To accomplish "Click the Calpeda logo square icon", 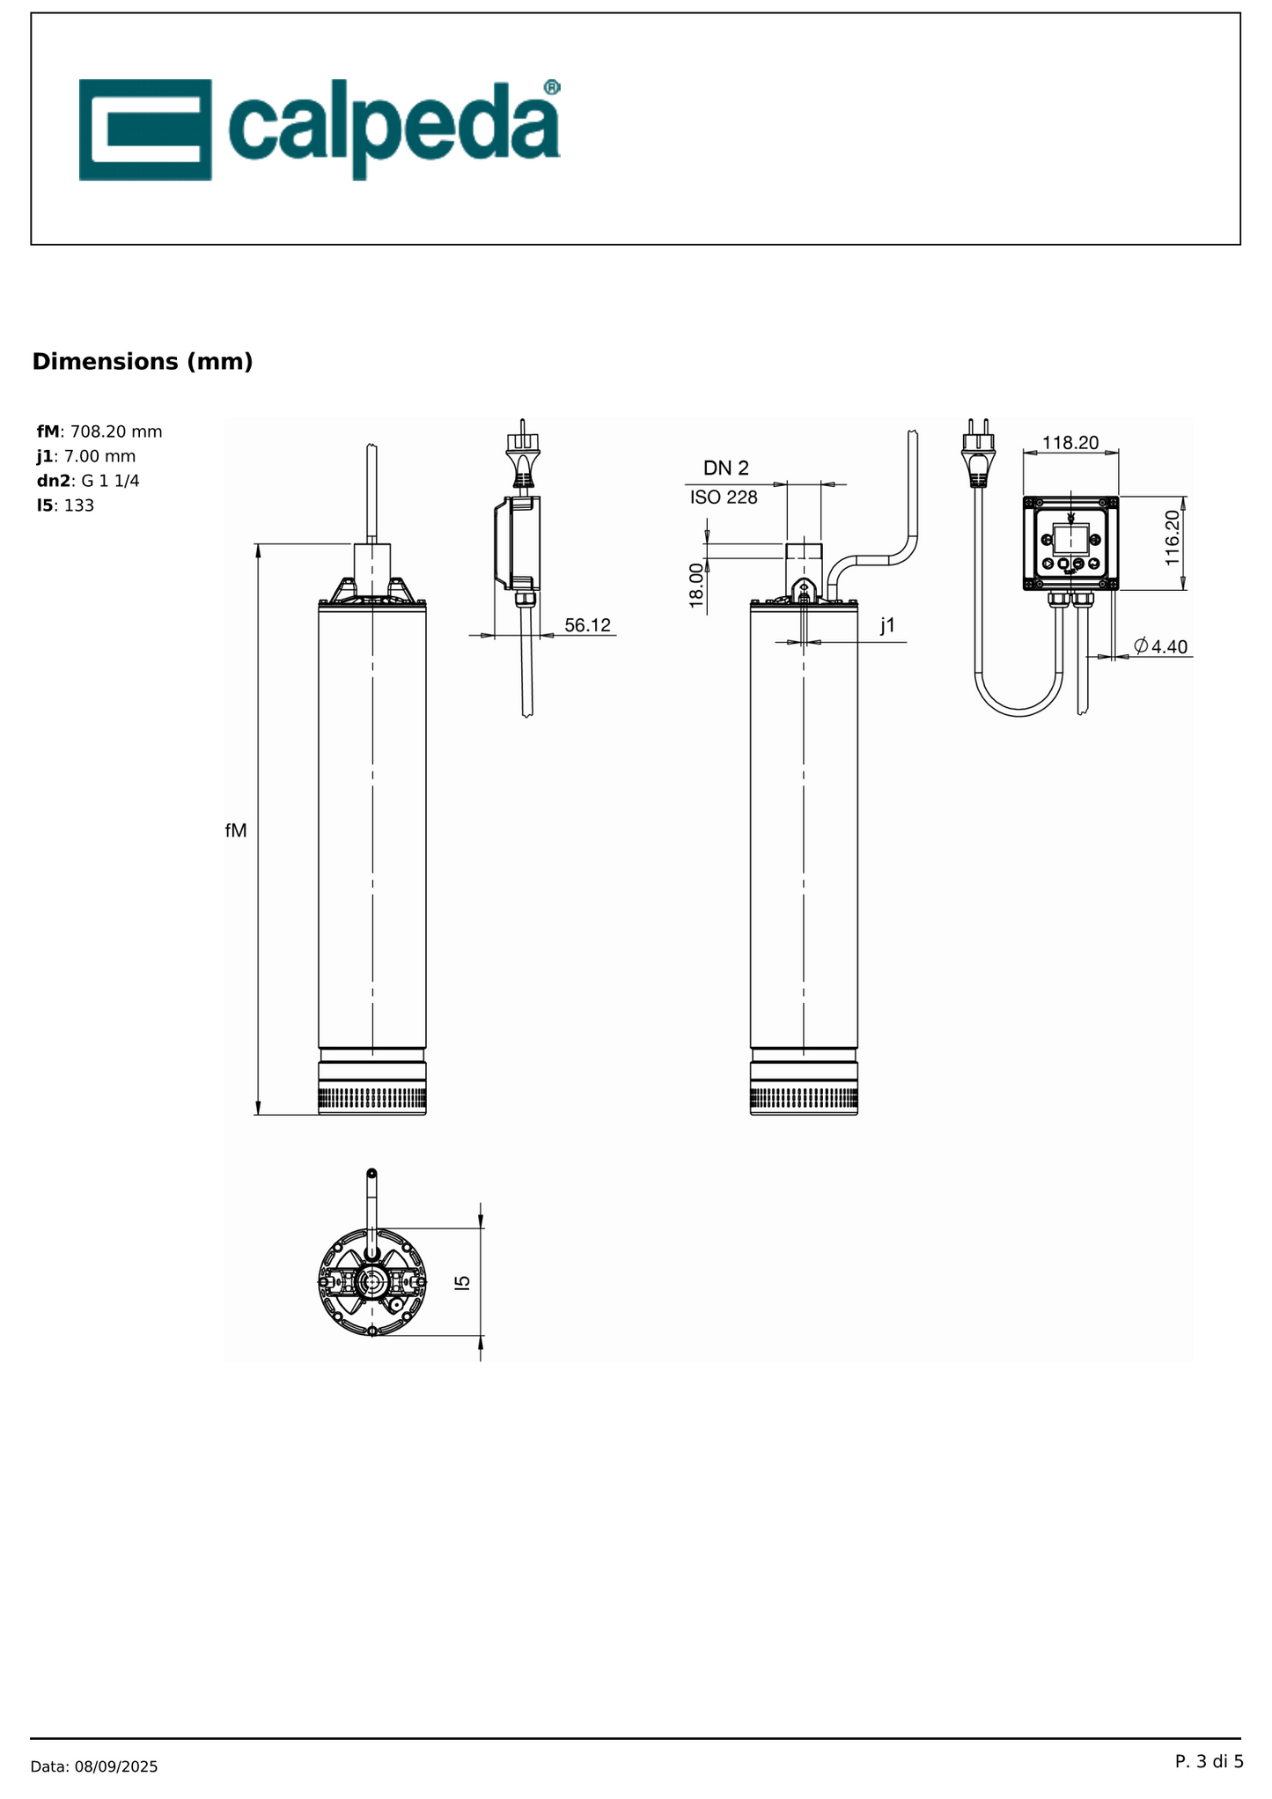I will tap(145, 129).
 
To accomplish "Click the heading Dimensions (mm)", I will tap(143, 362).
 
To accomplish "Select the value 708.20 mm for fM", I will tap(116, 431).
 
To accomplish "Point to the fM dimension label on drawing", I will tap(236, 830).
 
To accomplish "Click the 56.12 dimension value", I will tap(587, 625).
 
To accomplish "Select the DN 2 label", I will tap(725, 468).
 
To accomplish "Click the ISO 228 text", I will tap(724, 498).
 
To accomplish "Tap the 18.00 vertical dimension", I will tap(696, 586).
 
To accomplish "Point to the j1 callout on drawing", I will tap(887, 625).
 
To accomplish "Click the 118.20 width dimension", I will tap(1070, 443).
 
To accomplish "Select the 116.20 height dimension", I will tap(1172, 538).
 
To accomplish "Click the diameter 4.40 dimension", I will tap(1161, 646).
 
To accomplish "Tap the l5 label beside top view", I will tap(463, 1282).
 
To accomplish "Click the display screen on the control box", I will tap(1070, 538).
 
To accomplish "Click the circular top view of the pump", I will tap(372, 1282).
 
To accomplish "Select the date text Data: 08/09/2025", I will tap(94, 1766).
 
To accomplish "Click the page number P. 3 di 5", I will tap(1209, 1761).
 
